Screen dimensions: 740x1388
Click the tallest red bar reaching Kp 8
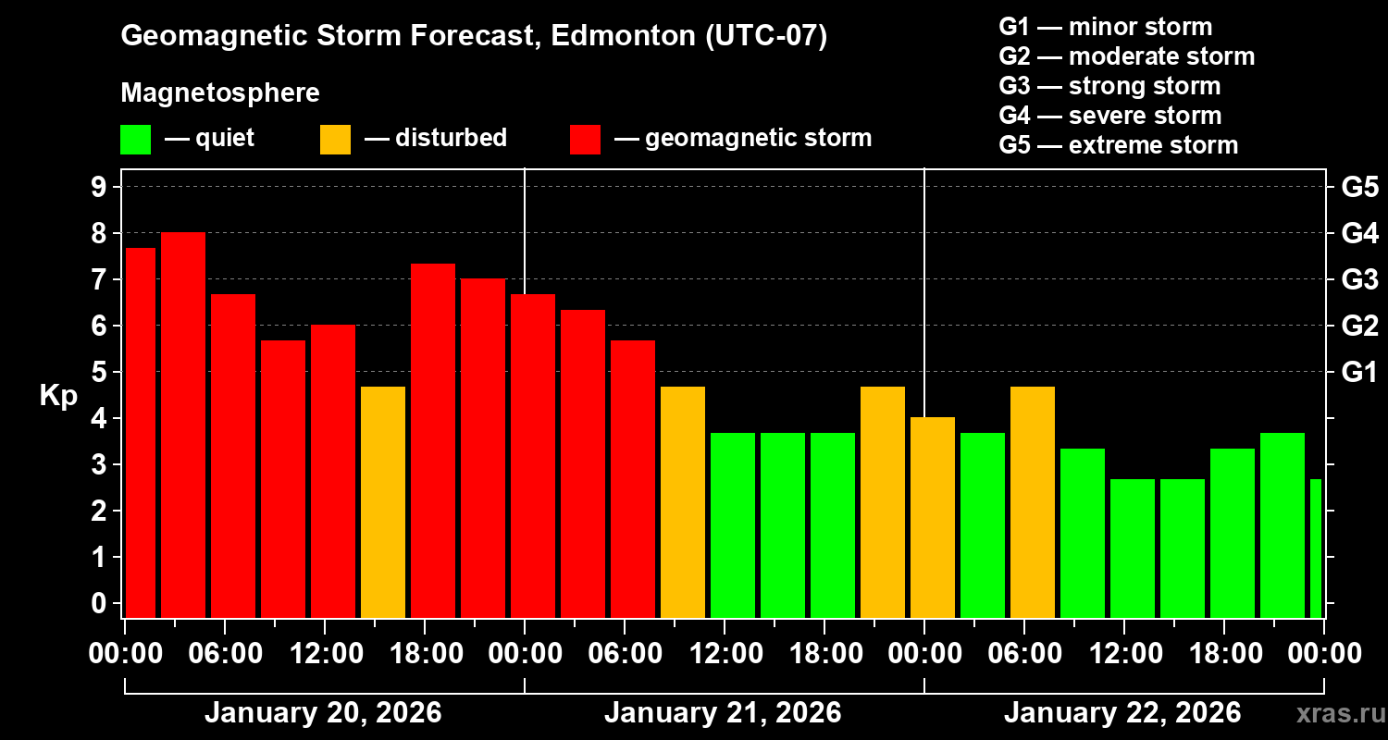click(x=183, y=425)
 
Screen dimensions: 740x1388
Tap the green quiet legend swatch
click(x=135, y=140)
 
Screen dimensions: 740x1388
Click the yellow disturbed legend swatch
click(x=335, y=140)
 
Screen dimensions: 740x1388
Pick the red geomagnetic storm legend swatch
click(x=585, y=140)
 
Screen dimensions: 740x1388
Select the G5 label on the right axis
click(x=1359, y=188)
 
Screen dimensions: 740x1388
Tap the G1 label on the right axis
click(x=1359, y=373)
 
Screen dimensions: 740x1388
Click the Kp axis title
click(x=58, y=397)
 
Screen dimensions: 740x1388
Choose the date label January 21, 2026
click(x=723, y=713)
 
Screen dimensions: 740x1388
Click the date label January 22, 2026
click(x=1122, y=713)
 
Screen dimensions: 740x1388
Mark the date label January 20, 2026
click(x=323, y=713)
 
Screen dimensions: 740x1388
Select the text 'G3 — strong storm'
click(x=1109, y=86)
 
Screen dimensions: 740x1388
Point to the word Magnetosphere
click(x=220, y=93)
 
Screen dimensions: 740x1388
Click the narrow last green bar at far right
click(x=1316, y=548)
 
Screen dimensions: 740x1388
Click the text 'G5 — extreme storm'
click(x=1118, y=145)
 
